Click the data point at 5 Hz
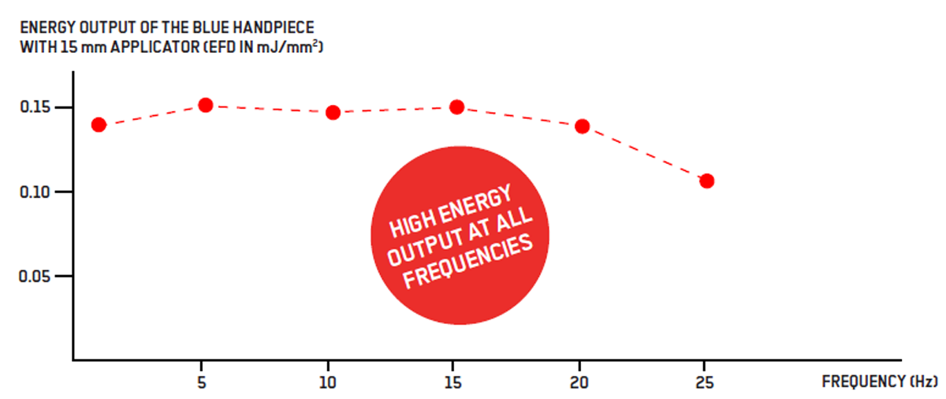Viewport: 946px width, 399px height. point(206,105)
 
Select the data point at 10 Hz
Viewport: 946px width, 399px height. point(333,112)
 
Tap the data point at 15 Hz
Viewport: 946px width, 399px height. point(456,106)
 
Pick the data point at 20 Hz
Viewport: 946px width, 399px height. point(583,126)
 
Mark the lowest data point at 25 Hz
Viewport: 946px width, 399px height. point(707,181)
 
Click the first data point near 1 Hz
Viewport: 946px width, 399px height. point(99,125)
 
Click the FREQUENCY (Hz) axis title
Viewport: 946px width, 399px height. point(880,382)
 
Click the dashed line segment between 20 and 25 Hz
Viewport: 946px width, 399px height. point(645,154)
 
